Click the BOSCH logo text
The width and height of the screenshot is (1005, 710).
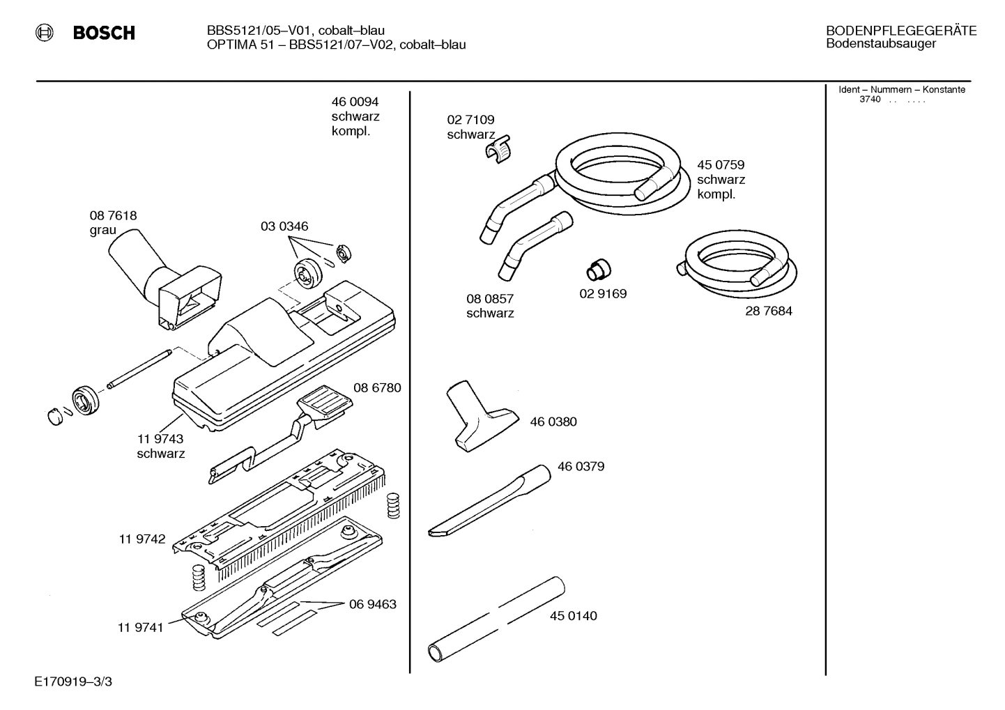pyautogui.click(x=103, y=33)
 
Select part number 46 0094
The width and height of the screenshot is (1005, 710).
pyautogui.click(x=355, y=102)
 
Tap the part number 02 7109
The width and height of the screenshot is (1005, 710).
pyautogui.click(x=470, y=120)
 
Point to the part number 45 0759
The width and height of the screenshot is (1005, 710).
pyautogui.click(x=721, y=165)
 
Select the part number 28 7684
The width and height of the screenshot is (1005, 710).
pyautogui.click(x=768, y=311)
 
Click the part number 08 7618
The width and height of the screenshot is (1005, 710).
pyautogui.click(x=113, y=216)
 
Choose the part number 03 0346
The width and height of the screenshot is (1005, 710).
pyautogui.click(x=284, y=226)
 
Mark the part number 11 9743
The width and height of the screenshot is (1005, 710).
pyautogui.click(x=160, y=439)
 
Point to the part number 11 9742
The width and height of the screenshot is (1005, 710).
pyautogui.click(x=141, y=539)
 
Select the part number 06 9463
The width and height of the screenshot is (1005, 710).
pyautogui.click(x=372, y=603)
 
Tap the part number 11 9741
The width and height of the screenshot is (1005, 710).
pyautogui.click(x=140, y=627)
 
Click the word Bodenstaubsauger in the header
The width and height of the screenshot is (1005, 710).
pyautogui.click(x=881, y=44)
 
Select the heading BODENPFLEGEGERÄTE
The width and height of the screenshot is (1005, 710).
pyautogui.click(x=900, y=31)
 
